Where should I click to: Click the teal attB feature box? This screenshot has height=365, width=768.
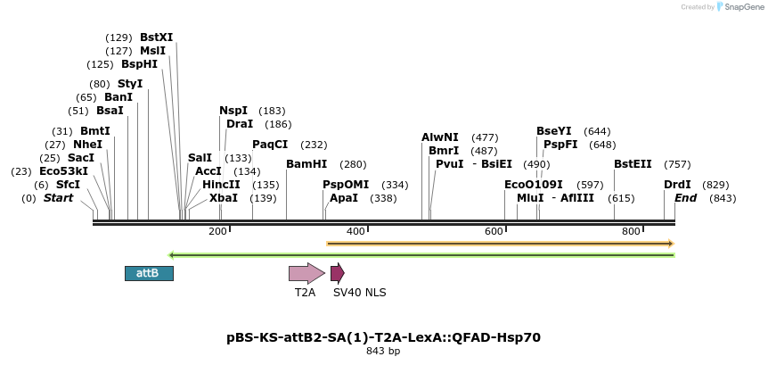click(x=149, y=273)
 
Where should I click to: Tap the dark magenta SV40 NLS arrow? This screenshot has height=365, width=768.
click(x=337, y=273)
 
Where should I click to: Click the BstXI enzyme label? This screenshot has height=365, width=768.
click(x=157, y=37)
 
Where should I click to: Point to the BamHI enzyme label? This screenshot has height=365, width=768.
click(x=306, y=164)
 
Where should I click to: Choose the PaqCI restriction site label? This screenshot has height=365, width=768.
click(x=270, y=145)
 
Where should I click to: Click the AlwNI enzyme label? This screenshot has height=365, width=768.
click(x=440, y=137)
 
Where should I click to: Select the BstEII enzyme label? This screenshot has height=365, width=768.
click(x=633, y=164)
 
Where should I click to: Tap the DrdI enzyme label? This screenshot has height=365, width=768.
click(x=677, y=185)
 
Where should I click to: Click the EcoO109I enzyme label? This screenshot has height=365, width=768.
click(x=534, y=185)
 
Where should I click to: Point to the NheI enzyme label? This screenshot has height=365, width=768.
click(x=87, y=145)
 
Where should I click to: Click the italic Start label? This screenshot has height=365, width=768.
click(x=59, y=198)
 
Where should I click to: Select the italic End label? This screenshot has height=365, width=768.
click(x=686, y=198)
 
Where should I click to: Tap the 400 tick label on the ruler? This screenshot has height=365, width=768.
click(x=355, y=231)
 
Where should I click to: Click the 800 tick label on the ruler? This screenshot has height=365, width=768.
click(x=632, y=231)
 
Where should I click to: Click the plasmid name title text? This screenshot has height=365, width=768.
click(x=383, y=337)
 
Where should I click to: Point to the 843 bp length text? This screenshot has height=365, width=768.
click(x=383, y=352)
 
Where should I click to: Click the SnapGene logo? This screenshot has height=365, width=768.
click(x=740, y=7)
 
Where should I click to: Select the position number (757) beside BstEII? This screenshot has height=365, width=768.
click(x=677, y=164)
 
